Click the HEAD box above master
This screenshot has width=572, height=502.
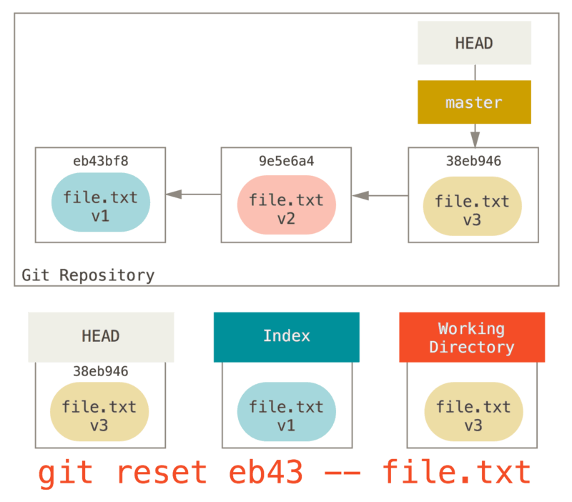click(474, 43)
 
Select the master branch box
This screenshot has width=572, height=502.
click(474, 102)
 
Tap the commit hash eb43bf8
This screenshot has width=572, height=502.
click(101, 160)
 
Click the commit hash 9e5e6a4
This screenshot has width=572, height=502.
click(286, 161)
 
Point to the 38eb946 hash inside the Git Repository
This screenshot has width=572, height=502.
click(473, 161)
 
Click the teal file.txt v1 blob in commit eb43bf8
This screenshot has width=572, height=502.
click(100, 206)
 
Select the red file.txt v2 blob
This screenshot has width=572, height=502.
click(286, 209)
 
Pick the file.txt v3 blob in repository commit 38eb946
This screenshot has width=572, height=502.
click(473, 210)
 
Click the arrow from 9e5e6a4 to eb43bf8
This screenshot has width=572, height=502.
click(193, 194)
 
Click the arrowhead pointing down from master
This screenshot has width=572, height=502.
click(475, 139)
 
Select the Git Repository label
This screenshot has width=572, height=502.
click(88, 275)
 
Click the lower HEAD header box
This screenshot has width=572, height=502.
click(101, 336)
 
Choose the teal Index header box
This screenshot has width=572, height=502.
click(286, 336)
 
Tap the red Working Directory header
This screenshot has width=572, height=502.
click(472, 338)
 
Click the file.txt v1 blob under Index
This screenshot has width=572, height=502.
click(286, 416)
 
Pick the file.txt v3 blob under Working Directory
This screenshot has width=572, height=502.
click(473, 416)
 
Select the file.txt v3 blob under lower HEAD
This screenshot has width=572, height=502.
click(99, 416)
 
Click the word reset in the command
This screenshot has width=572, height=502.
click(161, 473)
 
